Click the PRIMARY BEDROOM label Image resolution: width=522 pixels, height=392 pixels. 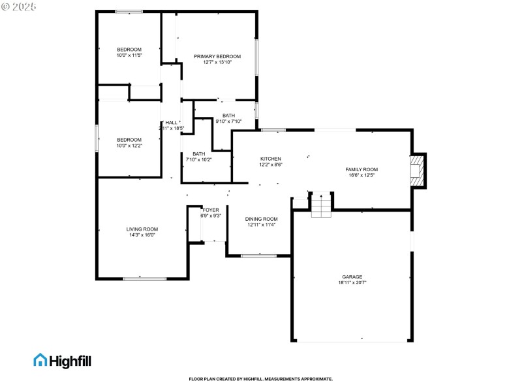pos(217,57)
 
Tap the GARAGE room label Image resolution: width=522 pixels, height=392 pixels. pos(352,276)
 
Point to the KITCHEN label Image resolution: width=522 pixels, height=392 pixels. pos(271,159)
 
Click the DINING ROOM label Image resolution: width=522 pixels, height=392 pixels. pos(262,219)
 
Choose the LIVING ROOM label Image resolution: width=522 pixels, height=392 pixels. pos(142,229)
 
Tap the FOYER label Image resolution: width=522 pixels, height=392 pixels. pos(211,210)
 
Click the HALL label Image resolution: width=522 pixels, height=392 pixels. pos(172,123)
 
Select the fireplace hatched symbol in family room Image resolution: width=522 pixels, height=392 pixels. pos(417,170)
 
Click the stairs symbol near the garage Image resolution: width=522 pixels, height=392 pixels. pos(321,206)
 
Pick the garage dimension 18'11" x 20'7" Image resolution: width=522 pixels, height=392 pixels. pos(352,282)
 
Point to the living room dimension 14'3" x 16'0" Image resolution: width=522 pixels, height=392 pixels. pos(142,235)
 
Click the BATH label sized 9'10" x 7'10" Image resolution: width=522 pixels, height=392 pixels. pos(228,116)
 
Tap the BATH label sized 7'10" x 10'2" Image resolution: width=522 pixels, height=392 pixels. pos(199,154)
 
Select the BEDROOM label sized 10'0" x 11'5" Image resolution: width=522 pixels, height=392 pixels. pos(129,50)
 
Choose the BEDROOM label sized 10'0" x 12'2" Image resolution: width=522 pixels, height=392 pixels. pos(129,139)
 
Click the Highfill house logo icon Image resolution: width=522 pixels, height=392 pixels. pos(40,360)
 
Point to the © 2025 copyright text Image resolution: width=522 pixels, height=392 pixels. pos(20,7)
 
